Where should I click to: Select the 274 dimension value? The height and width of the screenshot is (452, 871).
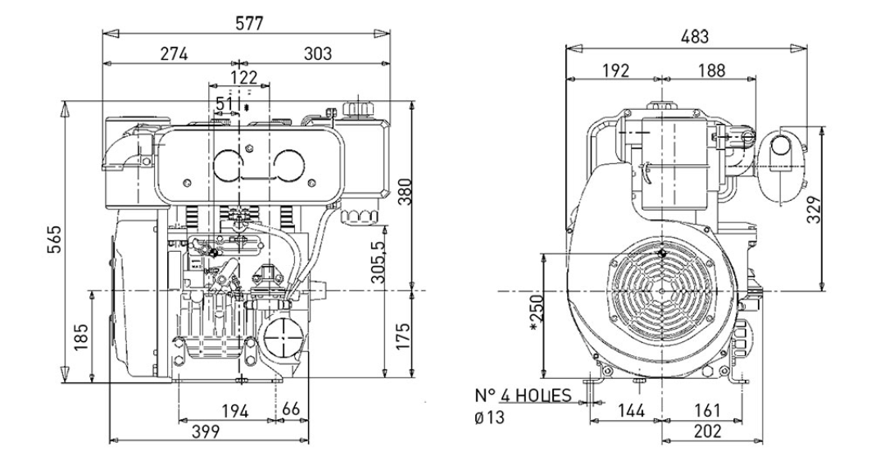[x=174, y=54]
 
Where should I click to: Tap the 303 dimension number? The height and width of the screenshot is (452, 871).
[x=317, y=54]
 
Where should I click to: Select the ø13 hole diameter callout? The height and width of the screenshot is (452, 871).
[x=490, y=418]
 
